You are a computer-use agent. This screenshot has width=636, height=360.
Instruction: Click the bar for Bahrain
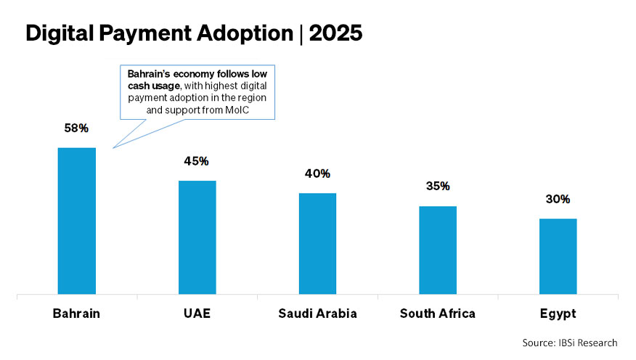(76, 221)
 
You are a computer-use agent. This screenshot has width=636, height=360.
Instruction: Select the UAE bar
(197, 237)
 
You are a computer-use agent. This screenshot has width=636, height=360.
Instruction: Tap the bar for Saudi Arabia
(317, 244)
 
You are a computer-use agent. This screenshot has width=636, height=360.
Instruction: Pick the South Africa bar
(438, 250)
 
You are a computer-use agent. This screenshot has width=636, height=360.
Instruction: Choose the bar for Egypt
(558, 256)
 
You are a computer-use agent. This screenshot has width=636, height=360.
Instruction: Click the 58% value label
(76, 128)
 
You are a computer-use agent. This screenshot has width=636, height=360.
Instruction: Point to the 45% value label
(197, 161)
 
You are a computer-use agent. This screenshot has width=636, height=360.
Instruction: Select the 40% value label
(317, 173)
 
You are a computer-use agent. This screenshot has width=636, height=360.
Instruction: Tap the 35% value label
(438, 187)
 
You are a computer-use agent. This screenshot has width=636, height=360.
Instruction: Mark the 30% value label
(558, 199)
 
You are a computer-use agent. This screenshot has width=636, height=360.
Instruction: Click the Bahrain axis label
(76, 314)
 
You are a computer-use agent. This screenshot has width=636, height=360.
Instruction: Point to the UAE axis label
(197, 314)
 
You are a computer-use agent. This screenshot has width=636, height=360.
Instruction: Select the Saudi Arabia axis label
(317, 314)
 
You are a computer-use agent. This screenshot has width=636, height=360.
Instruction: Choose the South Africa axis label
(438, 314)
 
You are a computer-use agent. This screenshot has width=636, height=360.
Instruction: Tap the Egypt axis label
(558, 314)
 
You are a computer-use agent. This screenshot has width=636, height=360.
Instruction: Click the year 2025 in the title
(336, 34)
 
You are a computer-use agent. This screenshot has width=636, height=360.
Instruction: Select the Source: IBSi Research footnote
(569, 342)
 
